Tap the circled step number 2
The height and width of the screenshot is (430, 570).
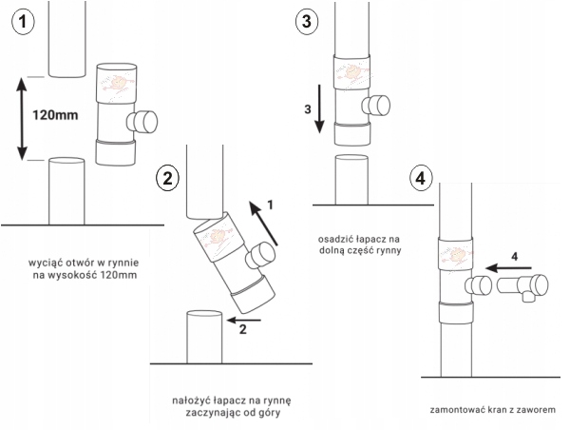(168, 178)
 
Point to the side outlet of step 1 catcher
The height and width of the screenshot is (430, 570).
(142, 121)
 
